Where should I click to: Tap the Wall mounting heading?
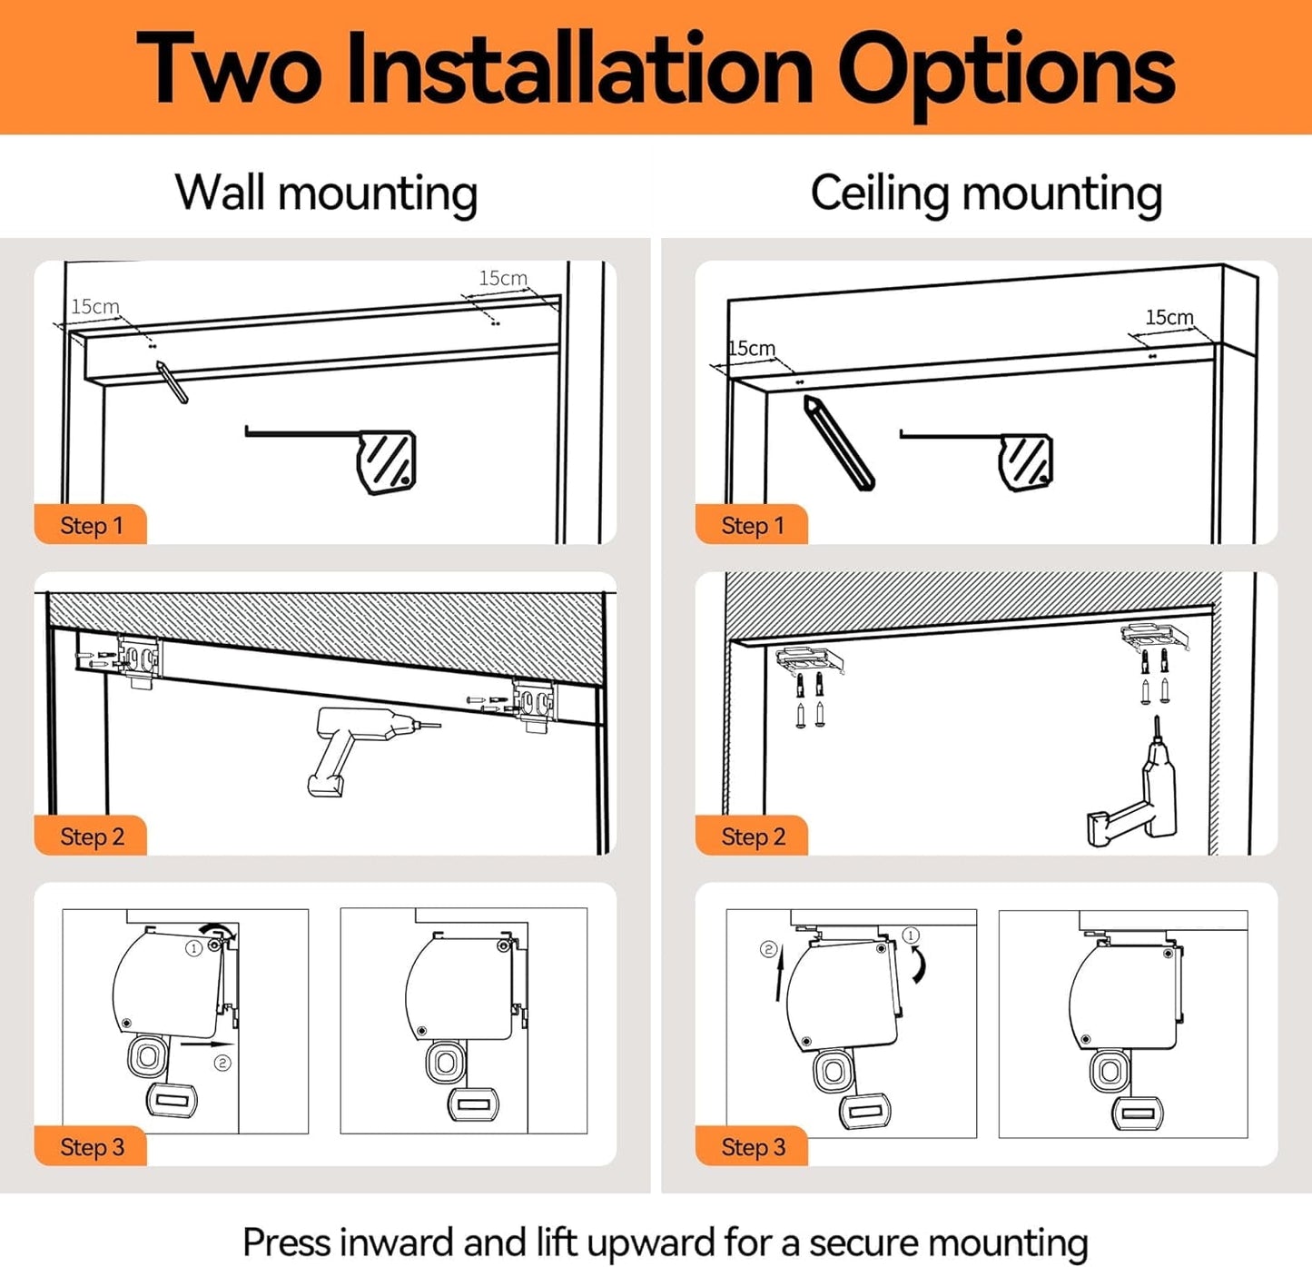point(326,193)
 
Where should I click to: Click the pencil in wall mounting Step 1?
point(172,381)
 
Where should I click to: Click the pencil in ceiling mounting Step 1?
point(839,442)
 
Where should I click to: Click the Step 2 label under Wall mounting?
point(93,836)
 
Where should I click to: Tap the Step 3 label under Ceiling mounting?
point(753,1147)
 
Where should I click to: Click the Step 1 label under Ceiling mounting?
point(753,525)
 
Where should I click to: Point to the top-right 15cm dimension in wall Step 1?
point(503,278)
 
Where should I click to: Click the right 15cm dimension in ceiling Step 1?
point(1169,317)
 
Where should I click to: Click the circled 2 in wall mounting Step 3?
point(222,1064)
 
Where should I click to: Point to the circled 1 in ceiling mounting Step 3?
point(910,935)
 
